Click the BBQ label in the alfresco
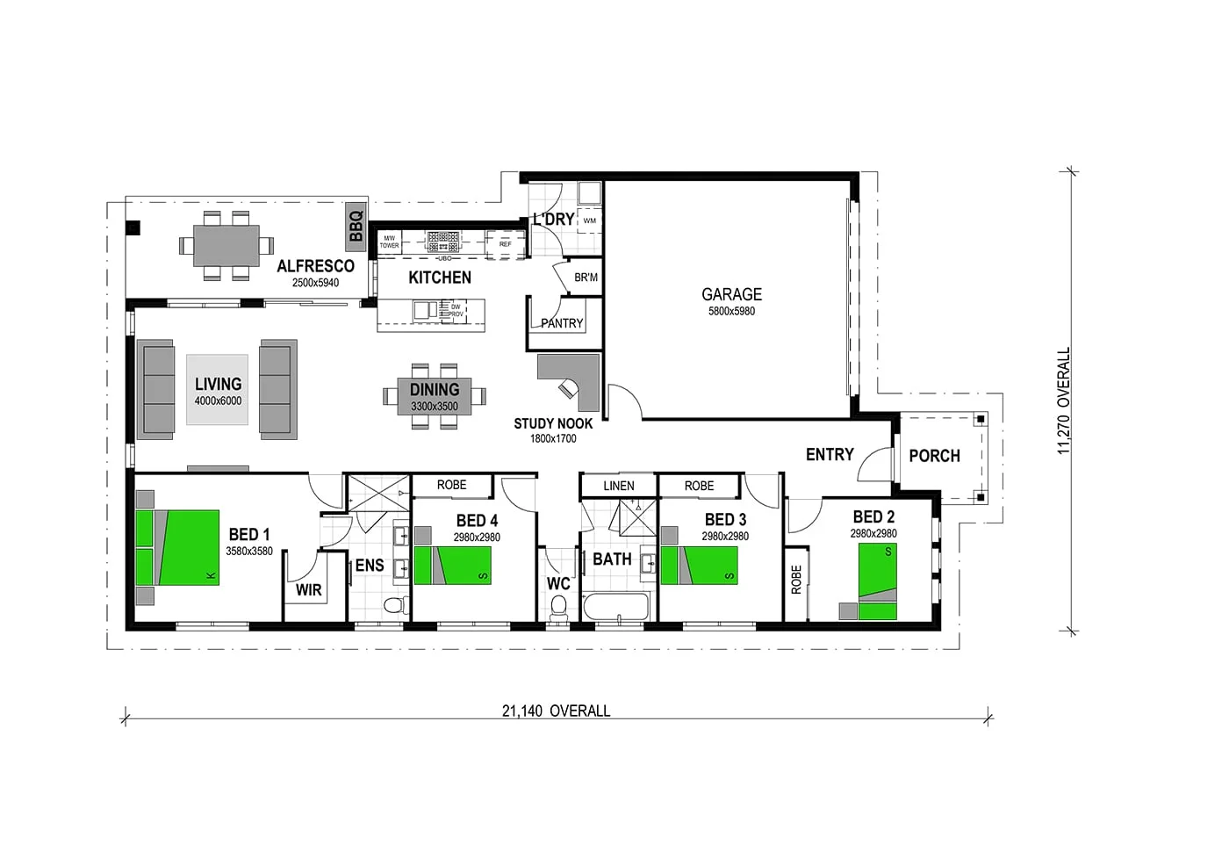(x=356, y=226)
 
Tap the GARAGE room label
(x=731, y=294)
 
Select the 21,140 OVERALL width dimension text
(x=556, y=711)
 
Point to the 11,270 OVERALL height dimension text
(x=1064, y=401)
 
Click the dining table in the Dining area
(x=435, y=395)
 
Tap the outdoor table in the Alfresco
(x=226, y=245)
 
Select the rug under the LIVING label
(x=217, y=389)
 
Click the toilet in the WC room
(x=558, y=607)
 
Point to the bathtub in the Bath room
(x=616, y=607)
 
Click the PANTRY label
(x=562, y=323)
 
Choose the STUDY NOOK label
(x=553, y=423)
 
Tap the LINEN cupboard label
(x=618, y=486)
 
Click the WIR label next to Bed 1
(x=308, y=589)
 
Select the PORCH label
(x=934, y=456)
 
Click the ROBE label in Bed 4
(x=451, y=485)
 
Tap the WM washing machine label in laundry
(x=589, y=220)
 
